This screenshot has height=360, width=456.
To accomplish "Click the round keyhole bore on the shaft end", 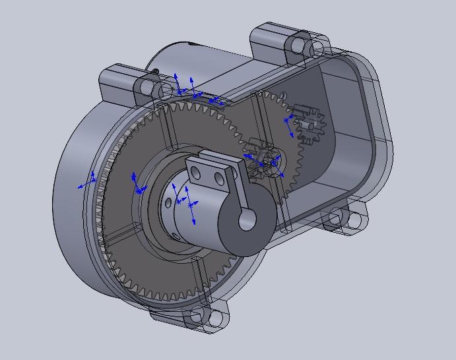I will (x=247, y=220).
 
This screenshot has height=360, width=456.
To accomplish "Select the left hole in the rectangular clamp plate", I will (x=195, y=173).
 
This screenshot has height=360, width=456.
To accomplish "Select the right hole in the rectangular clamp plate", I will (x=218, y=177).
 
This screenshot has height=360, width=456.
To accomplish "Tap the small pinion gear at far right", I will (x=306, y=124).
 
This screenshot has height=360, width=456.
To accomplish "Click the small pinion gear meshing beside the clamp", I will (x=264, y=158).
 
